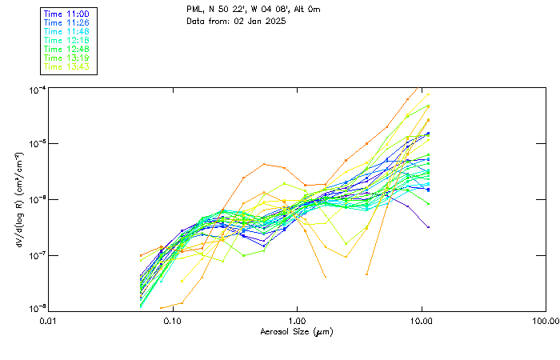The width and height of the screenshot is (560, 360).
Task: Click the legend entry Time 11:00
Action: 66,14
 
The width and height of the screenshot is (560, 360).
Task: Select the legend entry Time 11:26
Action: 66,23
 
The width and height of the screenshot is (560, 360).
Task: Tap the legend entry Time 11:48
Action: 66,32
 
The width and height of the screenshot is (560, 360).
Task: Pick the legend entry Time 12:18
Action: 66,41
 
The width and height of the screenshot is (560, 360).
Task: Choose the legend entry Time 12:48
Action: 66,50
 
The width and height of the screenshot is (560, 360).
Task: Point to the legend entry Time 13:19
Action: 66,58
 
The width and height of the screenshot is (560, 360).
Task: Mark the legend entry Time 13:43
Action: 66,67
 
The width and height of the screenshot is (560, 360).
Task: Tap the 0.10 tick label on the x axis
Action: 172,320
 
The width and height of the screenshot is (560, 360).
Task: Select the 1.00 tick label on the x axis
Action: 297,320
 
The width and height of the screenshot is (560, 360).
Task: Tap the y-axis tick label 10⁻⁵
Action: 35,144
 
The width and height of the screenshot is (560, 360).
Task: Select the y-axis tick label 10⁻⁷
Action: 35,255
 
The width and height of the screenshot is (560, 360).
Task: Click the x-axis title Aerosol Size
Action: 297,331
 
